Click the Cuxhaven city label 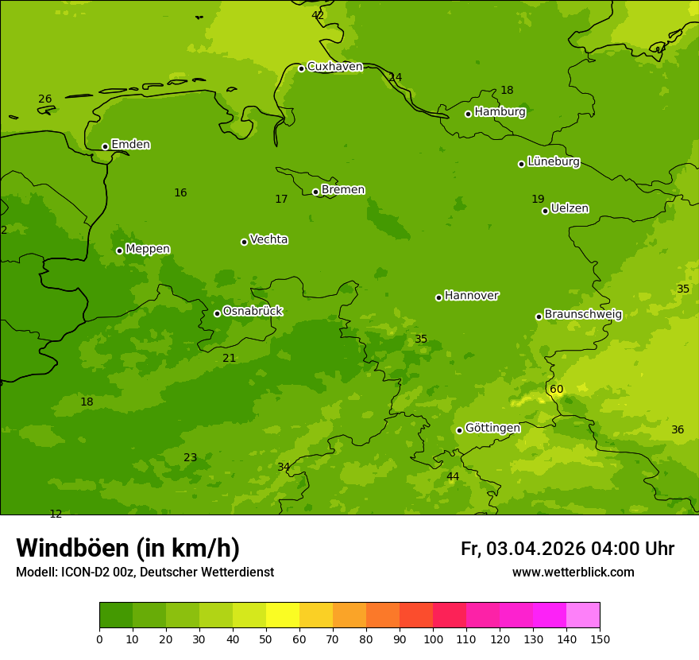pos(334,67)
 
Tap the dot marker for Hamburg pos(468,114)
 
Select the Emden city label pos(130,145)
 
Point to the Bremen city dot pos(315,192)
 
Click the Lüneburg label pos(553,161)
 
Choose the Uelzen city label pos(570,208)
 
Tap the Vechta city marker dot pos(244,242)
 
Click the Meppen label pos(147,249)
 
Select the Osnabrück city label pos(252,311)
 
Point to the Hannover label pos(471,296)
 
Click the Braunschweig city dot pos(539,316)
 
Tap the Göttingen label pos(492,428)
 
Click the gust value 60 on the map pos(556,390)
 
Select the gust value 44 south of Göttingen pos(452,477)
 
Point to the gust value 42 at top pos(318,15)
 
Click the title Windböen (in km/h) pos(128,548)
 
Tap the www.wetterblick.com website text pos(573,573)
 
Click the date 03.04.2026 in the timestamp pos(535,549)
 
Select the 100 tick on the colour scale pos(433,638)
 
